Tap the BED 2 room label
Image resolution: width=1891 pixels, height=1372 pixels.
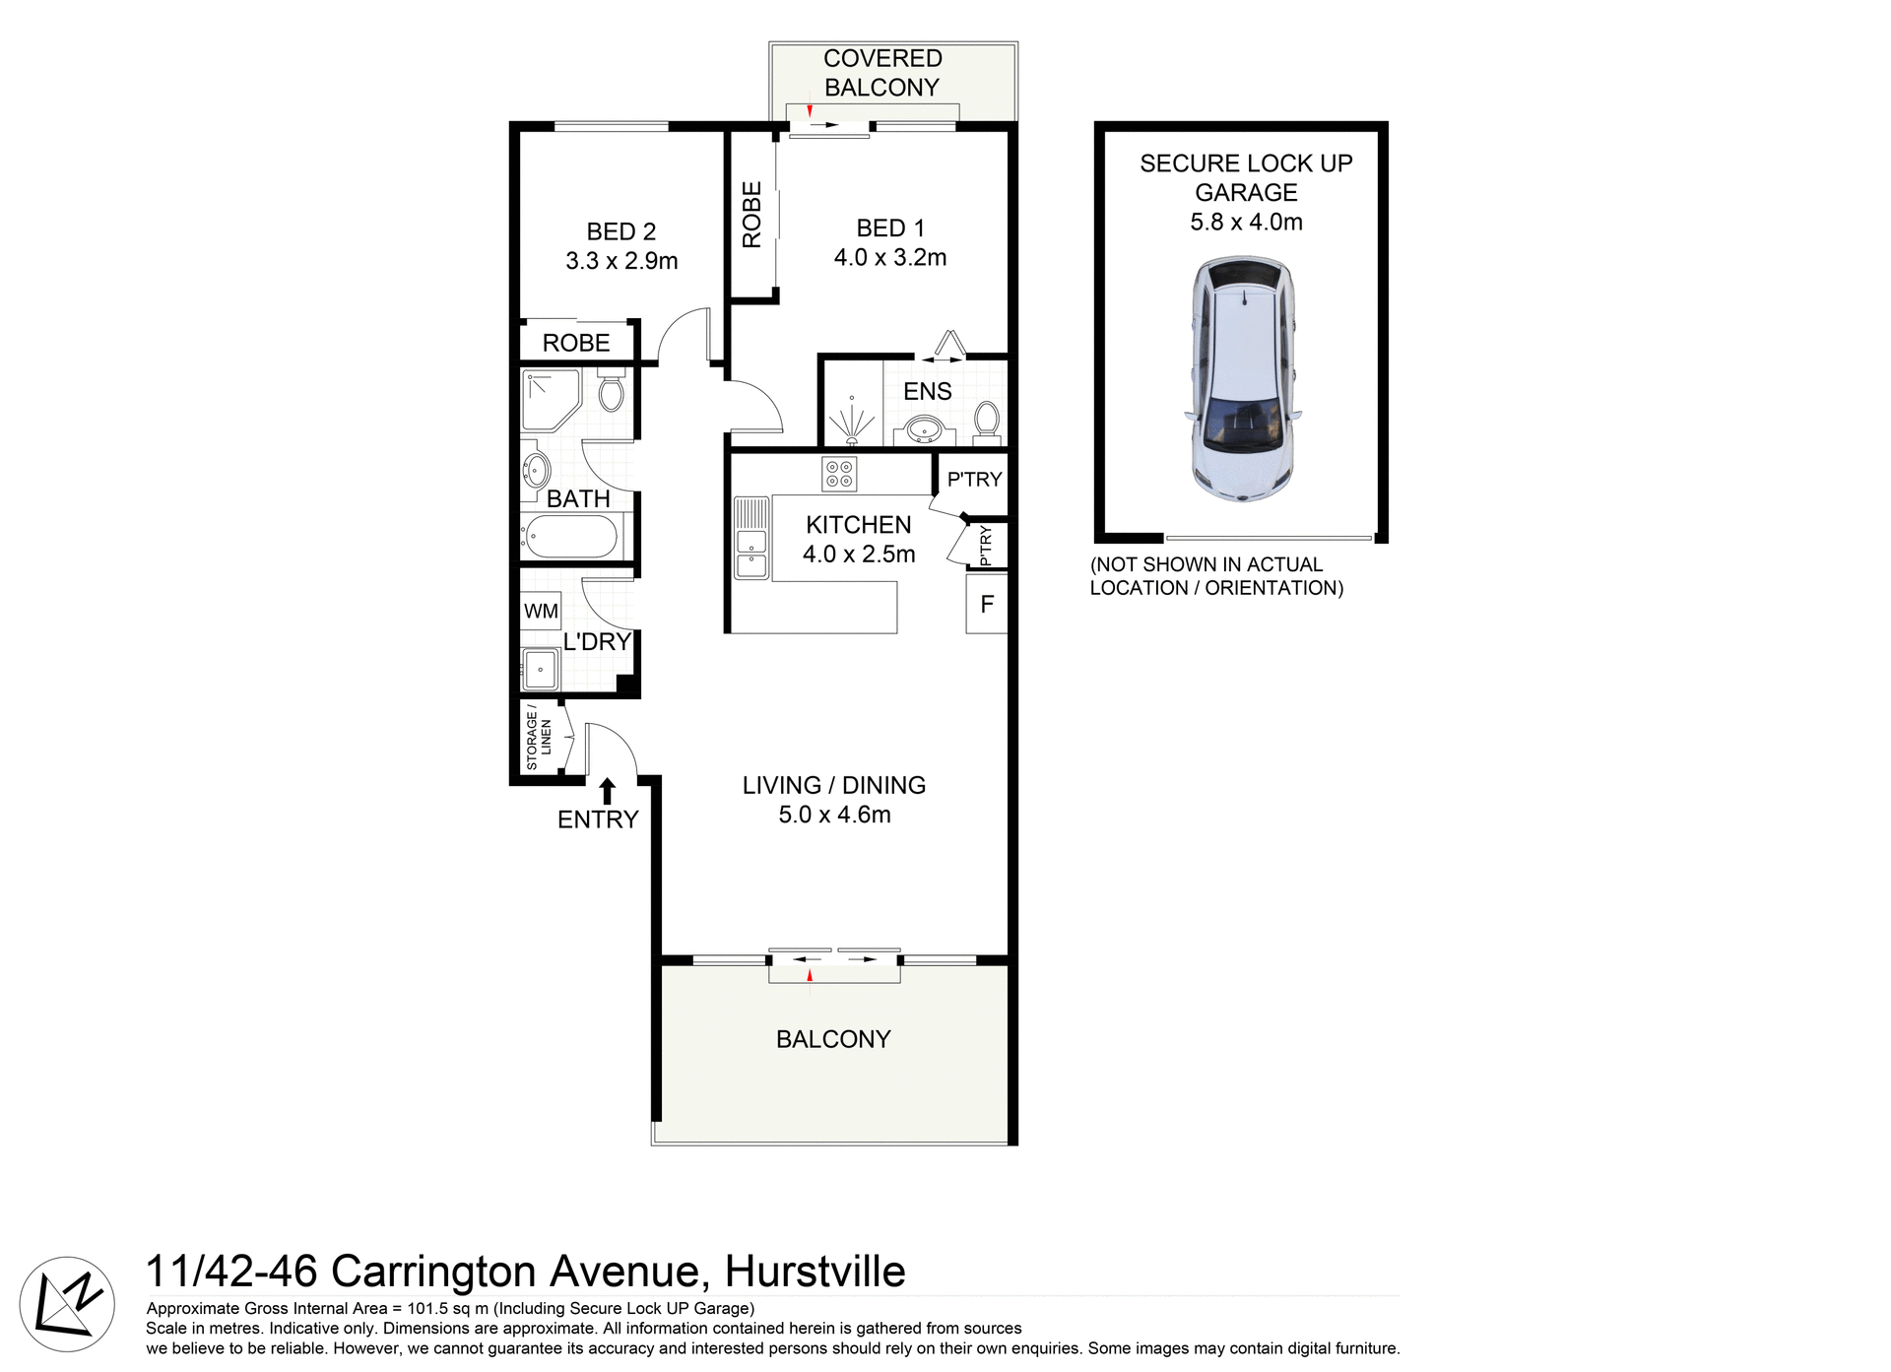(620, 231)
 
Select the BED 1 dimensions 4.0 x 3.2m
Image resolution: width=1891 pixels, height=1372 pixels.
(889, 258)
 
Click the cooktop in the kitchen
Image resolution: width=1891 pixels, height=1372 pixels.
(839, 474)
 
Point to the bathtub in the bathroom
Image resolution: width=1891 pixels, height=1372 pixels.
(571, 538)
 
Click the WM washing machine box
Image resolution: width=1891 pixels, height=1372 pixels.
(541, 611)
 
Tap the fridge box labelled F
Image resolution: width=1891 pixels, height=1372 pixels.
(987, 604)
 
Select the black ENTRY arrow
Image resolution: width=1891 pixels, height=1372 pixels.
(608, 791)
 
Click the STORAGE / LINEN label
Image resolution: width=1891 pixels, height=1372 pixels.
(539, 737)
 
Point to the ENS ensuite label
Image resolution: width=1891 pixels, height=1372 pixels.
(927, 391)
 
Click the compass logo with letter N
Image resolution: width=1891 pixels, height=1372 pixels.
(67, 1304)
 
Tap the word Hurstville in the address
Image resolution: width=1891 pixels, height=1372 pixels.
(815, 1272)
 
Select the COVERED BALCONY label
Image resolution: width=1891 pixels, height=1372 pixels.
(882, 73)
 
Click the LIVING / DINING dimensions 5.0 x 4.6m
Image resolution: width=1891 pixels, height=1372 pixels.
(834, 815)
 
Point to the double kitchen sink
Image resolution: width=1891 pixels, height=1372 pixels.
(750, 554)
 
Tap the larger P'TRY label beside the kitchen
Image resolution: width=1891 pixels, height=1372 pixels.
(973, 480)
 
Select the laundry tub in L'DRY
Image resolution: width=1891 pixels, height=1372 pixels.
(541, 670)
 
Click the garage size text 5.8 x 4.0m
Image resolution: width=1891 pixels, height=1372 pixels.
(1246, 223)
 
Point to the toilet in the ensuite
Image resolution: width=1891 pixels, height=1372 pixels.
(986, 420)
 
